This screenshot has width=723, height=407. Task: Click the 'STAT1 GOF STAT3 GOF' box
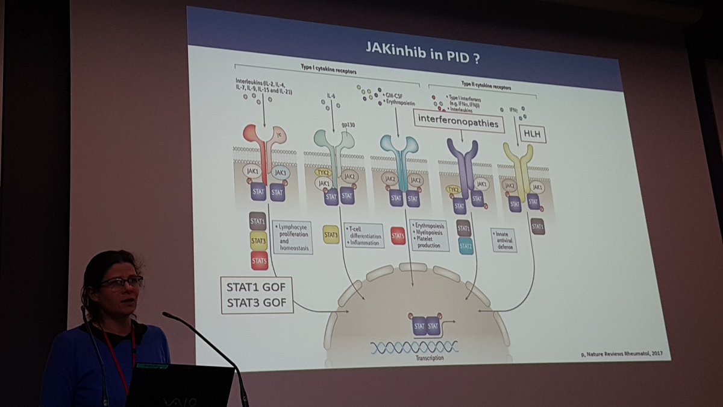click(257, 294)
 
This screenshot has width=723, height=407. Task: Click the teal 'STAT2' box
click(465, 245)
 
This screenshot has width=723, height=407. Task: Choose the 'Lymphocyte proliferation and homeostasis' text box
click(293, 236)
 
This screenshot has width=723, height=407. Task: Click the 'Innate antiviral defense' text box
click(504, 239)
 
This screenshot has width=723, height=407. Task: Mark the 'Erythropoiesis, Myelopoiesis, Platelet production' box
click(430, 235)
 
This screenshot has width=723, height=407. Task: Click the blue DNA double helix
click(415, 347)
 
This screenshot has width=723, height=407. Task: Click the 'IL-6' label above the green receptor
click(330, 95)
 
